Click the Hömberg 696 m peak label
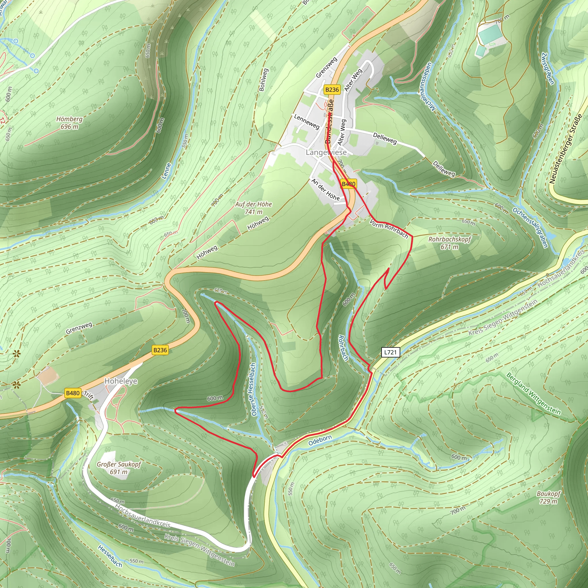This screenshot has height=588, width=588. pos(69,123)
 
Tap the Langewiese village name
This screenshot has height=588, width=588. pos(326,152)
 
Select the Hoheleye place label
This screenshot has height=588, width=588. pos(121,381)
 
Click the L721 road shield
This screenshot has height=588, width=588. pos(390,353)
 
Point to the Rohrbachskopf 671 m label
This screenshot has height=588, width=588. pos(450,243)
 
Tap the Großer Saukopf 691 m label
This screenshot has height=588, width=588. pos(119,468)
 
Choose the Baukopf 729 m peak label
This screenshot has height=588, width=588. pos(548,497)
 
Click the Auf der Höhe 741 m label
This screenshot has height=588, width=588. pos(254,208)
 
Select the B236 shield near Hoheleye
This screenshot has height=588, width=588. pos(160,350)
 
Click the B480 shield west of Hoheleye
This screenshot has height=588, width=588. pos(73,393)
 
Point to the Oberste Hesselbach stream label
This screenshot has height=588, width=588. pos(253,390)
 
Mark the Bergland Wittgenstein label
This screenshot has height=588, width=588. pos(533,393)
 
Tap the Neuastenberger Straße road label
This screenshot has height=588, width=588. pos(566,149)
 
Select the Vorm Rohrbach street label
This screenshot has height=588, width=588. pos(389,229)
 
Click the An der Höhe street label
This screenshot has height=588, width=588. pos(325,189)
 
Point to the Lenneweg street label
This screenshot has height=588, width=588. pos(306,121)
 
